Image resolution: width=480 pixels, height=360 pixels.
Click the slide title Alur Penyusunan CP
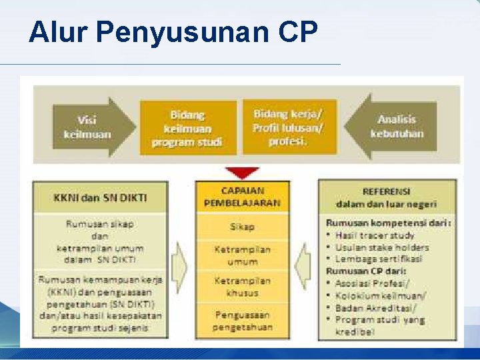tap(173, 32)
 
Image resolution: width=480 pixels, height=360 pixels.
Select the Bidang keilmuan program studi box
tap(187, 128)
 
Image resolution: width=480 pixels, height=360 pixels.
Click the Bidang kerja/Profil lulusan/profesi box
tap(288, 127)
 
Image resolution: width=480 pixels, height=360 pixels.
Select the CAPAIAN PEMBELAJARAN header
tap(242, 196)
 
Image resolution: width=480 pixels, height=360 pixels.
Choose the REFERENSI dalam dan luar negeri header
tap(386, 197)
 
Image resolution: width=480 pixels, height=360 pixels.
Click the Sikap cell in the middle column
tap(242, 227)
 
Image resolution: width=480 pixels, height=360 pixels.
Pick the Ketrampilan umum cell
tap(242, 255)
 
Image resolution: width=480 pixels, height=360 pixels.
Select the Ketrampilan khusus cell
tap(242, 287)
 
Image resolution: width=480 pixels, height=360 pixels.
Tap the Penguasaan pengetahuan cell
tap(242, 321)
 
